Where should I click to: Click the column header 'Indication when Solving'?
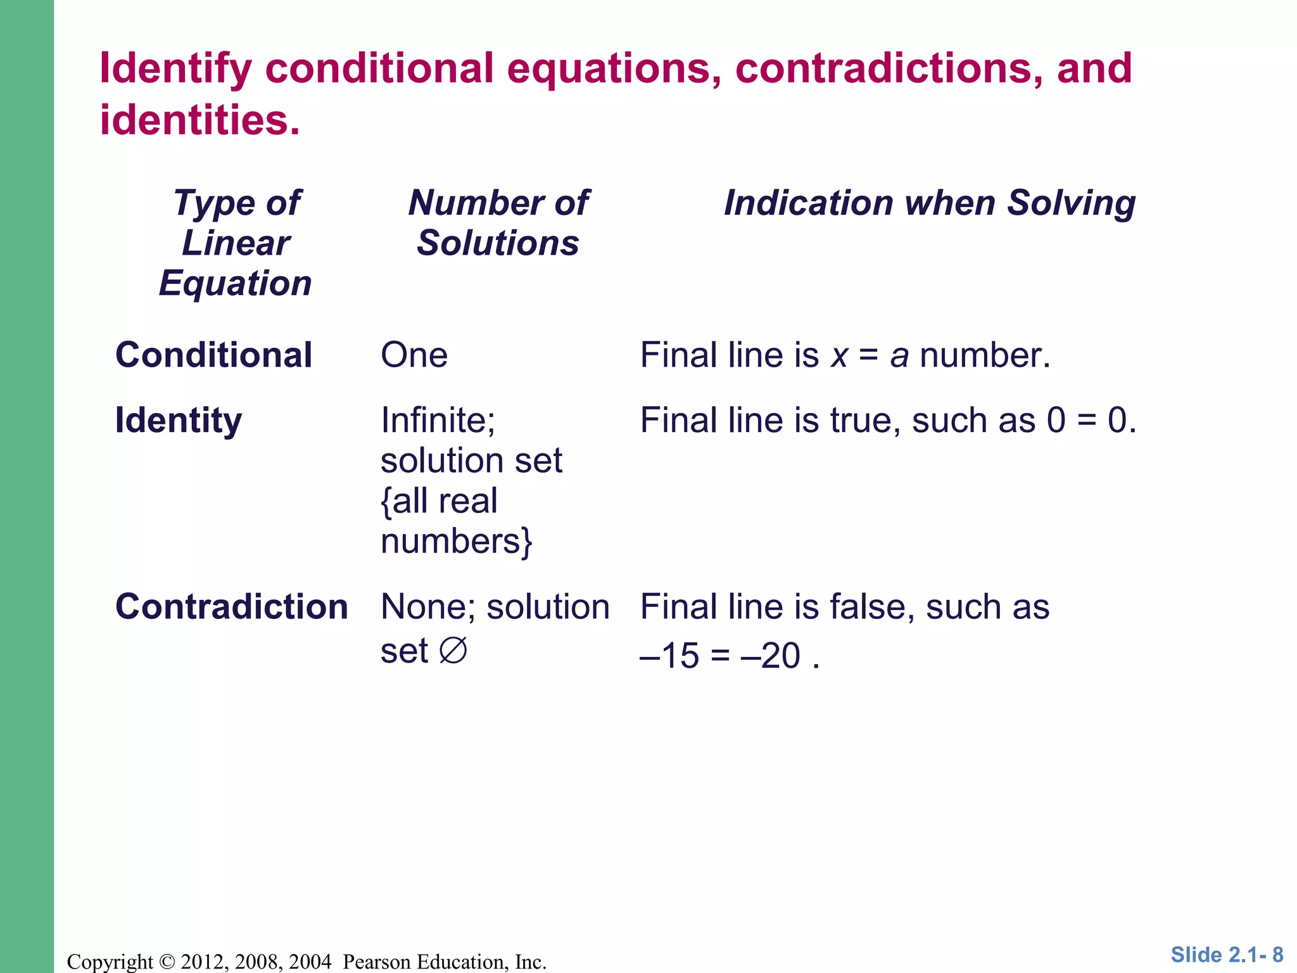tap(929, 203)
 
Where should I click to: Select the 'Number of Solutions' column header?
tap(498, 223)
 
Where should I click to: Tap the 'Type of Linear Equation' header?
tap(236, 243)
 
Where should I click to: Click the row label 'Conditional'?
tap(213, 355)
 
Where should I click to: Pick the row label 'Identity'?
tap(179, 420)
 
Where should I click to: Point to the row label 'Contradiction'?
tap(232, 607)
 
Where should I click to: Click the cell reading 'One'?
tap(414, 355)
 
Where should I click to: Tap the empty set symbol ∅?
tap(453, 651)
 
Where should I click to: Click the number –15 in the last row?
tap(669, 656)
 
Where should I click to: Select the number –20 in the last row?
tap(771, 656)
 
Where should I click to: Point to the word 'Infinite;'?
tap(438, 420)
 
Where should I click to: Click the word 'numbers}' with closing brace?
tap(457, 542)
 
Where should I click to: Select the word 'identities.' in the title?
tap(199, 120)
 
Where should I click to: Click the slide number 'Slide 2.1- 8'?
tap(1227, 955)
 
